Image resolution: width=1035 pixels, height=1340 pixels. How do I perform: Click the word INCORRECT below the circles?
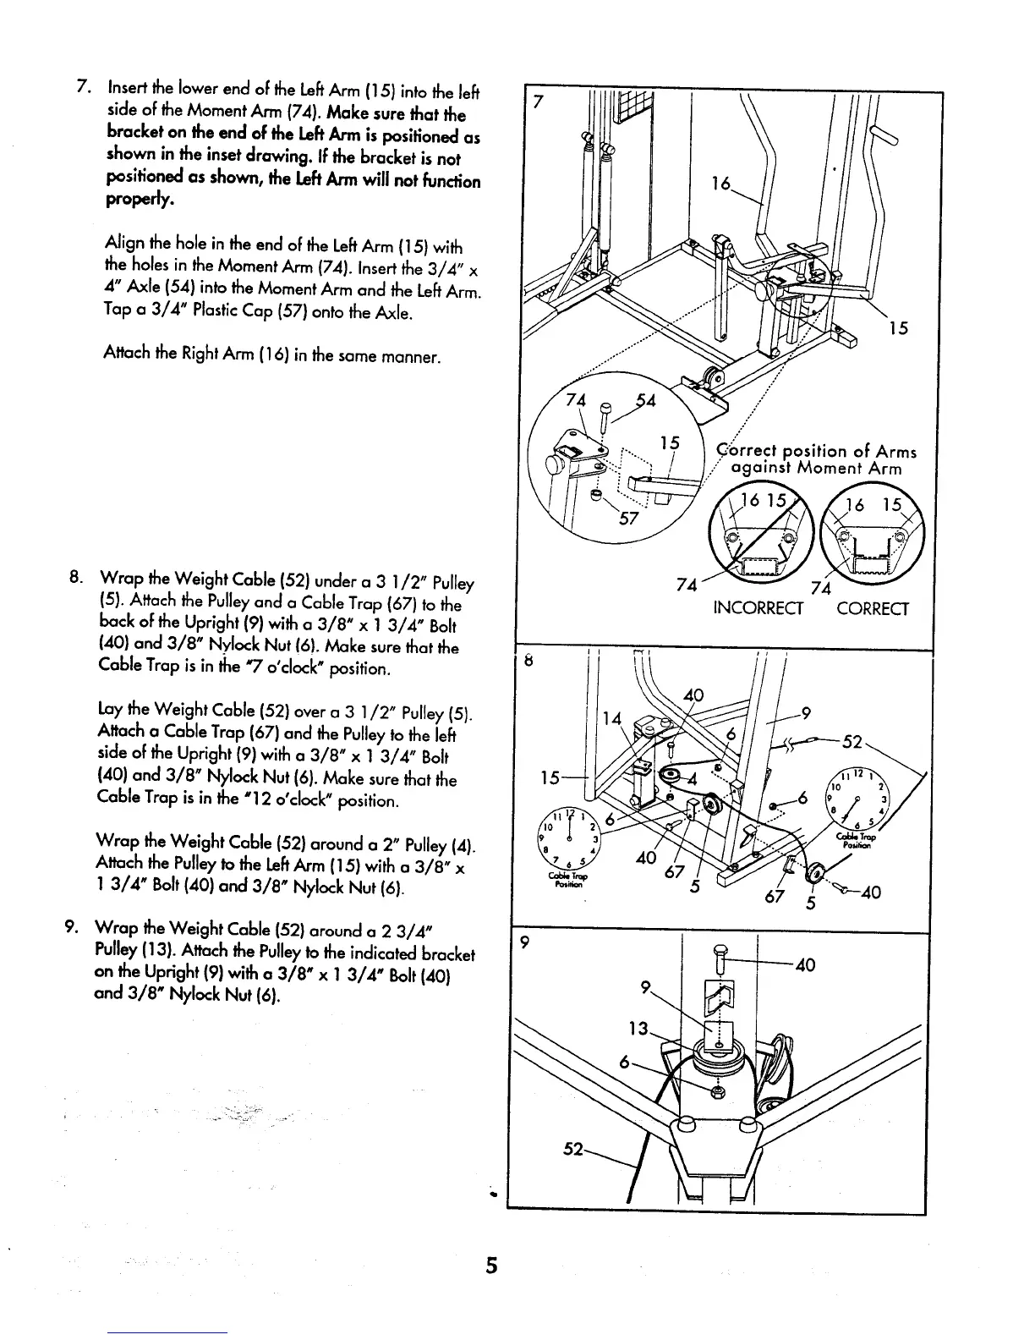pos(758,609)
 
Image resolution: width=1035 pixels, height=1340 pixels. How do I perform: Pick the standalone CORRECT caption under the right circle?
pos(873,609)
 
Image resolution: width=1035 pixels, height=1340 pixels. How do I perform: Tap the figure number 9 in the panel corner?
pos(526,946)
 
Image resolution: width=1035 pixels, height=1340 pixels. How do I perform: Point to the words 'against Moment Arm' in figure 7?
pos(816,469)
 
